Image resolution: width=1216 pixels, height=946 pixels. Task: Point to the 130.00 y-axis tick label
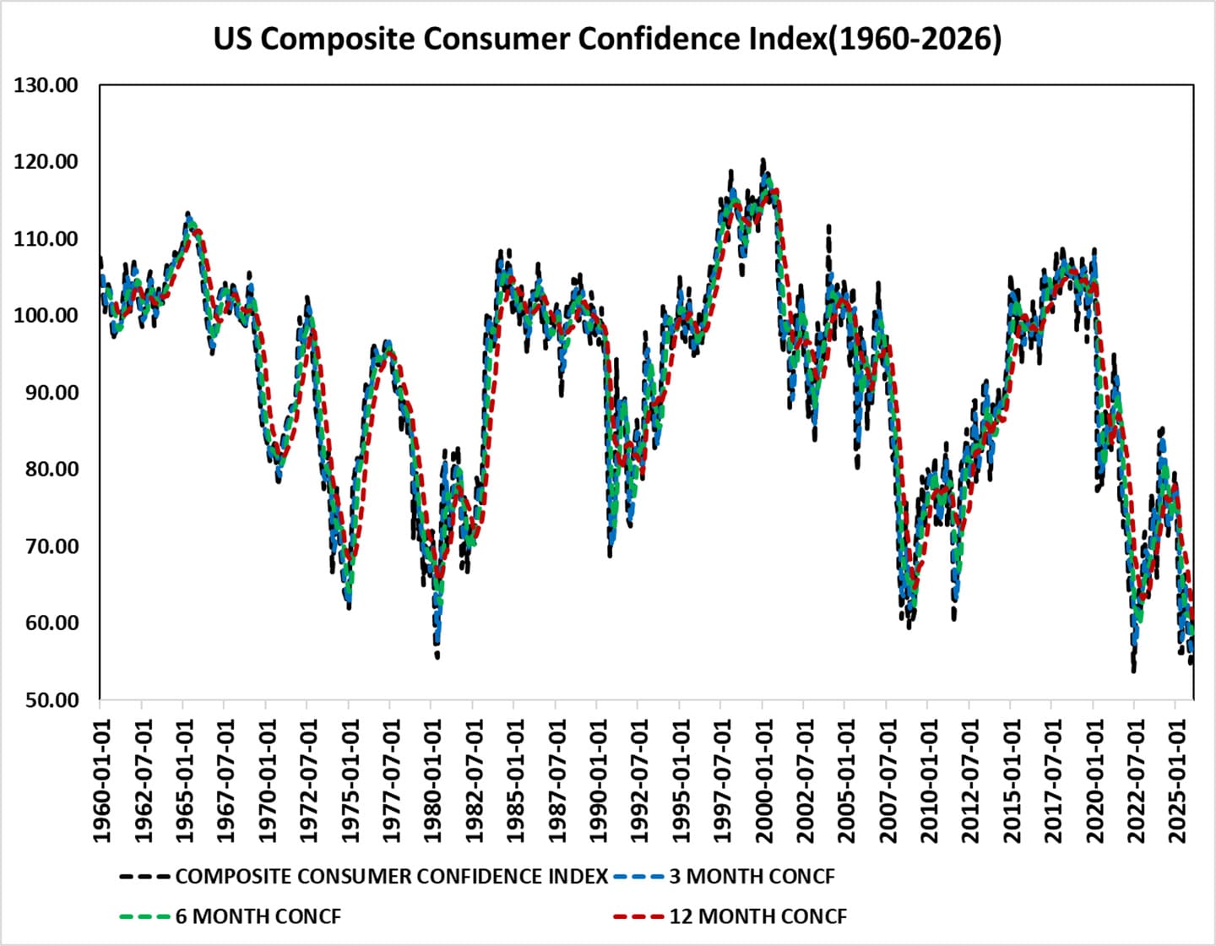(46, 85)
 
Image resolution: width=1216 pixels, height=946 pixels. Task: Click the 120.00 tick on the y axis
(46, 162)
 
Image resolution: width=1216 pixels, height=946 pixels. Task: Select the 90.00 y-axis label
(47, 393)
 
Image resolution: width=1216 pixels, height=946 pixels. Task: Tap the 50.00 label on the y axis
(47, 700)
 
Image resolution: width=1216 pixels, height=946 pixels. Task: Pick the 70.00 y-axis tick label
(47, 546)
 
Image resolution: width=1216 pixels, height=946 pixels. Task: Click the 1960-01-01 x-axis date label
(101, 781)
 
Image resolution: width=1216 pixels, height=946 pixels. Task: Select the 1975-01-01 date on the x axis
(350, 781)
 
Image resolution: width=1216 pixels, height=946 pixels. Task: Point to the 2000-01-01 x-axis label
(763, 781)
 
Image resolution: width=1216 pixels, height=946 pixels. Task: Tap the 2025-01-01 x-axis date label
(1176, 781)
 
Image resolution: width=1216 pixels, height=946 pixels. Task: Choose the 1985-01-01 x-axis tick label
(515, 781)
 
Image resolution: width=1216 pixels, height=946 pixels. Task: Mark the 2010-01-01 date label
(929, 781)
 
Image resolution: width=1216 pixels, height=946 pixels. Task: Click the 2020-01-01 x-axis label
(1094, 781)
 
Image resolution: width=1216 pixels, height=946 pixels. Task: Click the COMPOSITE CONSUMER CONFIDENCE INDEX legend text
(391, 877)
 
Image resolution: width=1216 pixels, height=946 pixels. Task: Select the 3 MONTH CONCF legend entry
(752, 877)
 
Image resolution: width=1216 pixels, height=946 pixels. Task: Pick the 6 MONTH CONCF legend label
(258, 916)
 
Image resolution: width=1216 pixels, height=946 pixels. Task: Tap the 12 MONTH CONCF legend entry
(757, 916)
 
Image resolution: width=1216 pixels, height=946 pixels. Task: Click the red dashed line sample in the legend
(638, 916)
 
